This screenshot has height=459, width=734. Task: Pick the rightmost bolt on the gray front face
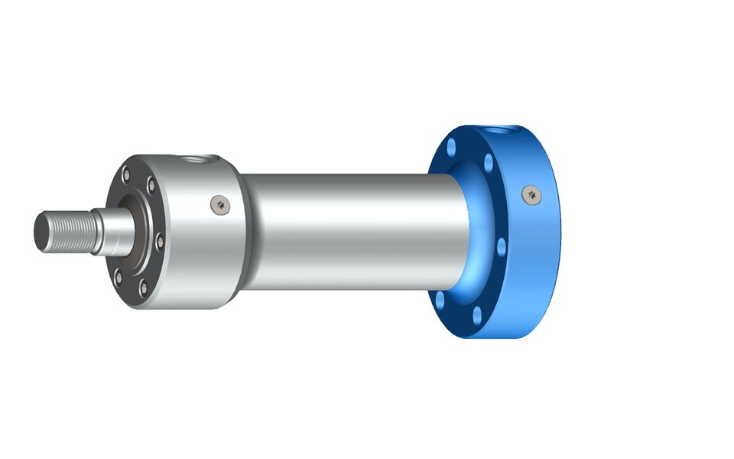point(159,243)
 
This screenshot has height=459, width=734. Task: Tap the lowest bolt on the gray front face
point(143,288)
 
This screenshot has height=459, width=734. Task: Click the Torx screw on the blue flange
point(531,194)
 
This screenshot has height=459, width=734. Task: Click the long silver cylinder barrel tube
point(352,229)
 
